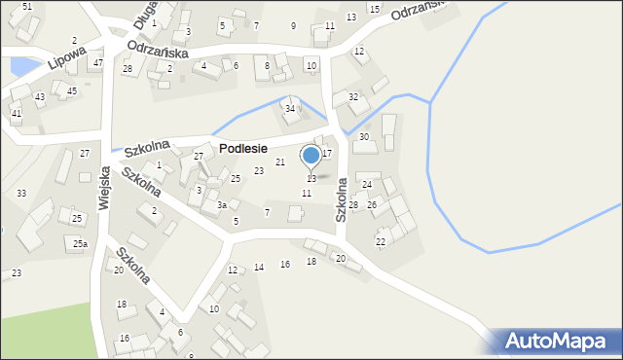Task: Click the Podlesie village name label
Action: (243, 148)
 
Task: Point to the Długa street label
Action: (144, 11)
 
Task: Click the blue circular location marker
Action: (311, 155)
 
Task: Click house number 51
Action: (26, 7)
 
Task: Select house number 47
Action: (97, 62)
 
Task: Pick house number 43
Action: (40, 96)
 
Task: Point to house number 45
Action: (71, 90)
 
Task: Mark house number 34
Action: (290, 108)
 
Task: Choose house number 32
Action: (353, 96)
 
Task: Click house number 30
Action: (364, 137)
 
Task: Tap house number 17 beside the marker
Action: (327, 153)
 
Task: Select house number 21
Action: (280, 162)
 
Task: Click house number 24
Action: (367, 184)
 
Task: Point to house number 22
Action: (381, 241)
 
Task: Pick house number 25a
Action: (80, 243)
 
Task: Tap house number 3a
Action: (222, 205)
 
